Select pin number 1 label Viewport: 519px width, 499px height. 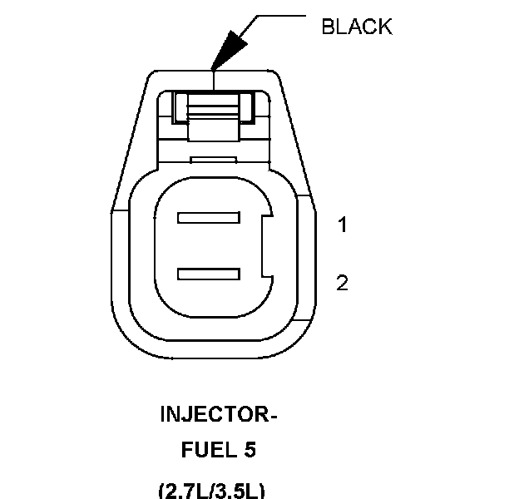342,225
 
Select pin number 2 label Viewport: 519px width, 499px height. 342,283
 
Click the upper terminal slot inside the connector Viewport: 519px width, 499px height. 208,220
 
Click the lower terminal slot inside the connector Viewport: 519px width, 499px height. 208,272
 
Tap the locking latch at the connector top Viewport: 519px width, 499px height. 214,106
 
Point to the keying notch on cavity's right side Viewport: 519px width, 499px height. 266,245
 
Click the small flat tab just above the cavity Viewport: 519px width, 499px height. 214,159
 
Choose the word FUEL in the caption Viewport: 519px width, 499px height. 203,451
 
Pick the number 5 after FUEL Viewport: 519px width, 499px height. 249,451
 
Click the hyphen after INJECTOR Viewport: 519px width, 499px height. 270,414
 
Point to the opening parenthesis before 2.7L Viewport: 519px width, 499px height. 161,488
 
